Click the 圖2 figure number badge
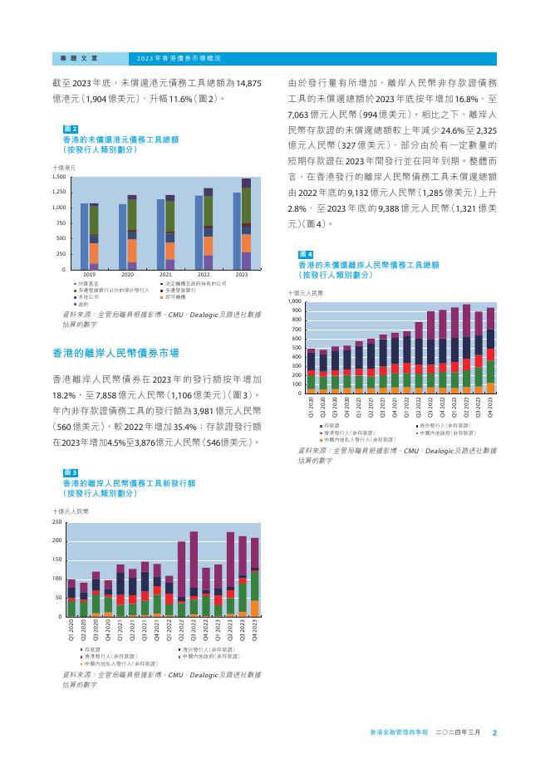pos(71,129)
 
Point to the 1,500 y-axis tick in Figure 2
pos(59,178)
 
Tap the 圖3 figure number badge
pos(71,472)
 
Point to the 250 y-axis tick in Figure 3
pos(56,523)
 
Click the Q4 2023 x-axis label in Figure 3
pos(255,632)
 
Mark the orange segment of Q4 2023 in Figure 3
pos(255,608)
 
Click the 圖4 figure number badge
pos(305,253)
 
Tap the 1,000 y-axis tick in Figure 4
pos(296,302)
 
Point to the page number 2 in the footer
pos(494,733)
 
